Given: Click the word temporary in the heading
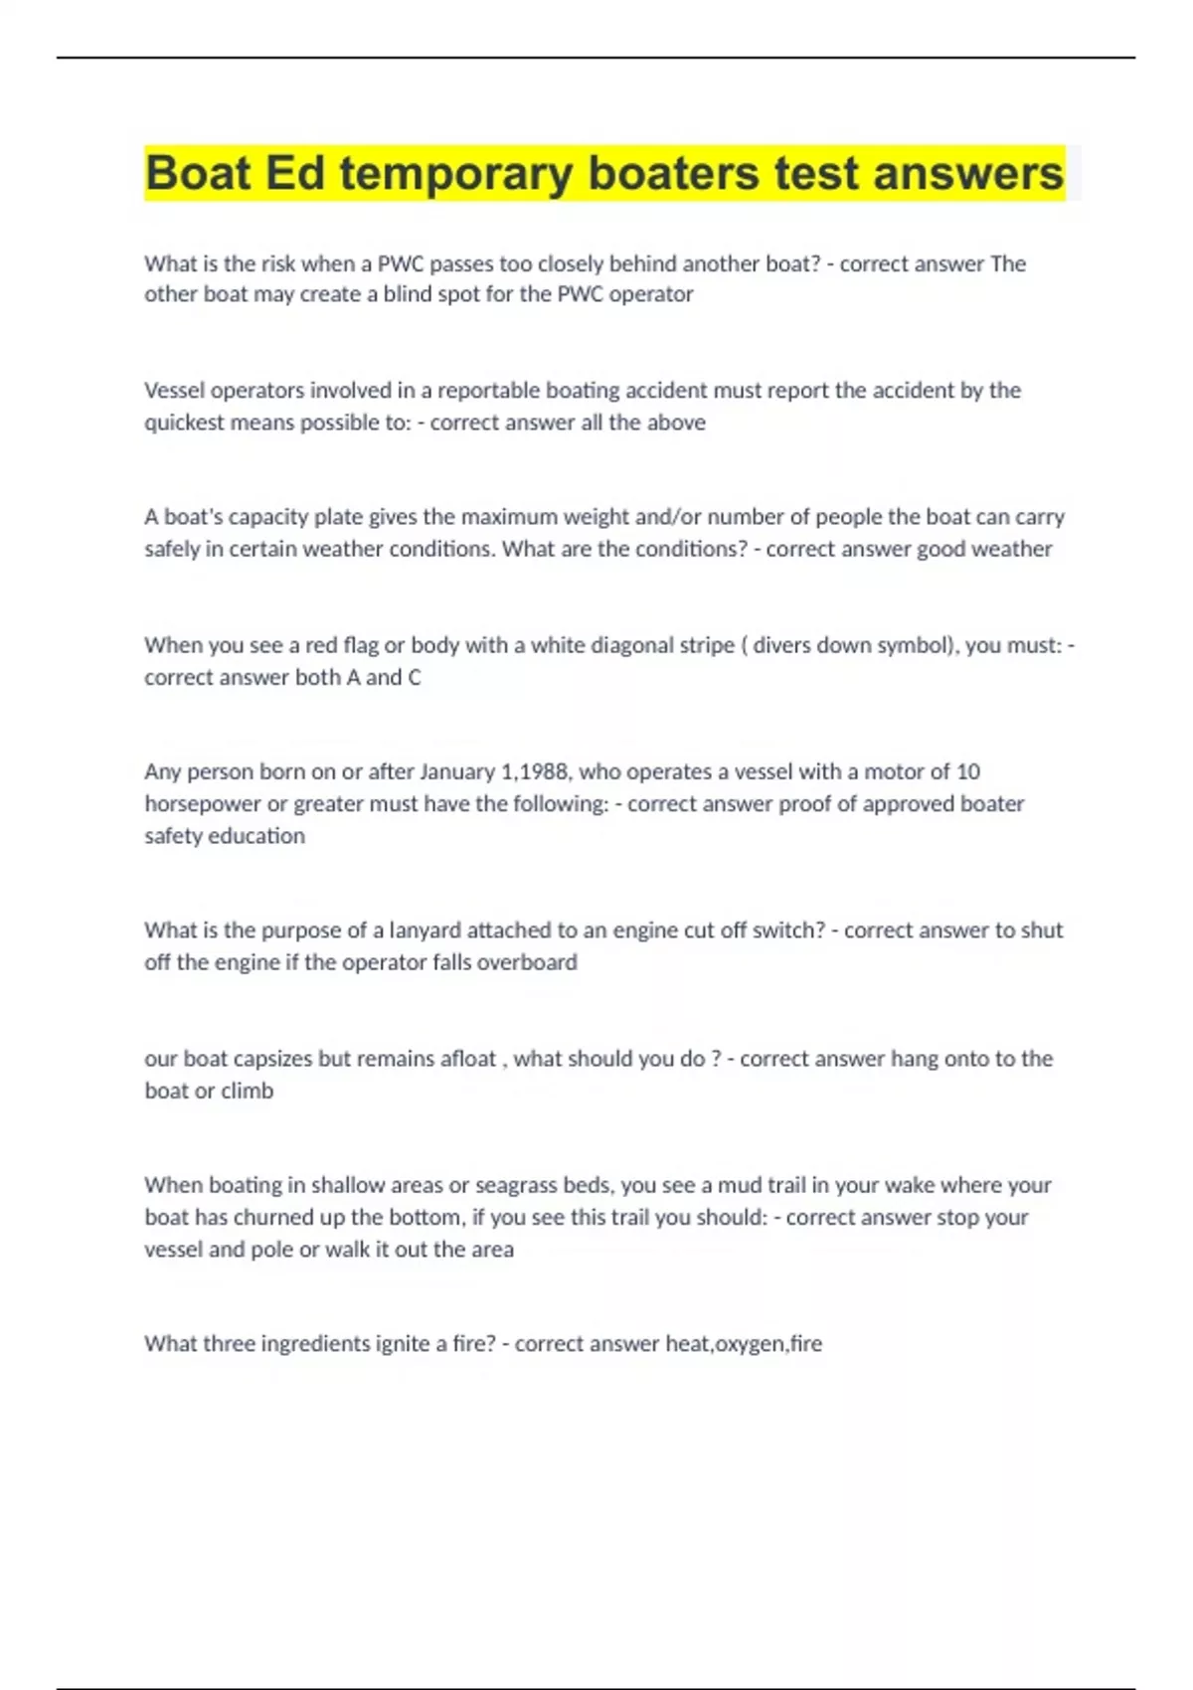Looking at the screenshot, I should [455, 174].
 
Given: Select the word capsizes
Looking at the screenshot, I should [271, 1059].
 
